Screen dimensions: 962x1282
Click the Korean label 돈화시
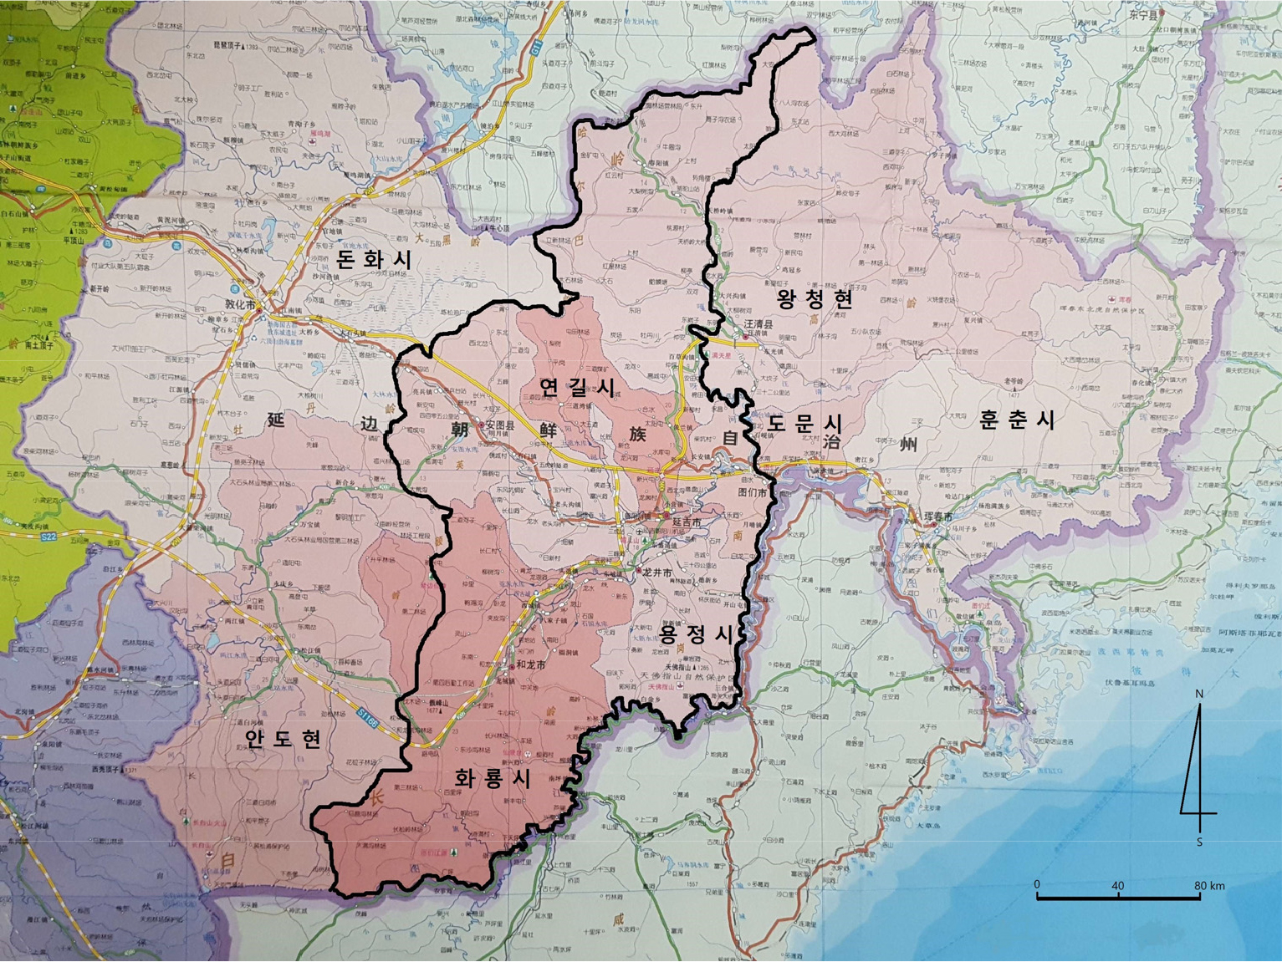pyautogui.click(x=374, y=259)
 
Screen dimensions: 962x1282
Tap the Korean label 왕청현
pyautogui.click(x=815, y=299)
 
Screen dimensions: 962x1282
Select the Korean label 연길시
pyautogui.click(x=577, y=387)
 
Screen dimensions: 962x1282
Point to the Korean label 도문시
pyautogui.click(x=805, y=423)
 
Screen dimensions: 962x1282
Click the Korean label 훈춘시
pyautogui.click(x=1017, y=420)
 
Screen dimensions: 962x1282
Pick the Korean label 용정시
pyautogui.click(x=695, y=634)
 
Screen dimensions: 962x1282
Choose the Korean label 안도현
pyautogui.click(x=283, y=738)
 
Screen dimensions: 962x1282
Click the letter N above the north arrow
pyautogui.click(x=1199, y=694)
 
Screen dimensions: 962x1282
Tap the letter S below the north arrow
pyautogui.click(x=1199, y=842)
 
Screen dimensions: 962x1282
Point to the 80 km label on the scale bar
pyautogui.click(x=1209, y=886)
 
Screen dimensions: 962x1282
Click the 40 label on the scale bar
pyautogui.click(x=1118, y=886)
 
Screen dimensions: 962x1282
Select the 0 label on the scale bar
pyautogui.click(x=1037, y=884)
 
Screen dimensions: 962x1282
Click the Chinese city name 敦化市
pyautogui.click(x=241, y=306)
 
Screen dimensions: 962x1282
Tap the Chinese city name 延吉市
pyautogui.click(x=687, y=522)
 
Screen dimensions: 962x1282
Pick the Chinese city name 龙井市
pyautogui.click(x=657, y=572)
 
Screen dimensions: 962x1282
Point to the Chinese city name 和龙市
pyautogui.click(x=531, y=665)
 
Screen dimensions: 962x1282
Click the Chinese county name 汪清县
pyautogui.click(x=758, y=323)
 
